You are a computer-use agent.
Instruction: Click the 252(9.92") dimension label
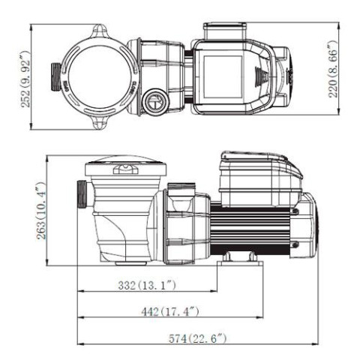click(x=25, y=79)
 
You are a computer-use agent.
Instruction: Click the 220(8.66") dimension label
click(x=333, y=69)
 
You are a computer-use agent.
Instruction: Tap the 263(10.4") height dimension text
click(x=41, y=211)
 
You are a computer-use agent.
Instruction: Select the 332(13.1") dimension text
click(x=147, y=285)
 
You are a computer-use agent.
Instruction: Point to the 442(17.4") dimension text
click(x=170, y=312)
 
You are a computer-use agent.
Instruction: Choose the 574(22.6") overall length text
click(x=197, y=339)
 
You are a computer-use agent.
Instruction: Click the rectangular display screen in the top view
click(x=223, y=76)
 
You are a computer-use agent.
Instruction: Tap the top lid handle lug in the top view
click(x=100, y=31)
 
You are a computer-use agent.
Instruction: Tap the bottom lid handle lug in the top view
click(x=100, y=122)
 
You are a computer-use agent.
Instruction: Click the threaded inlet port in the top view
click(x=56, y=76)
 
